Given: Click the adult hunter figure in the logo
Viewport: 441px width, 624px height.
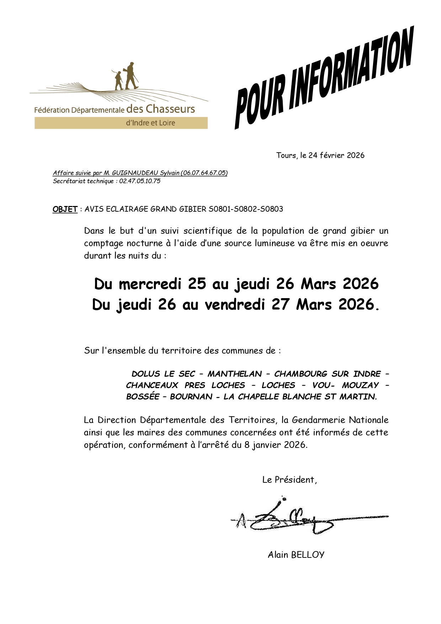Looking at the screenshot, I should (131, 76).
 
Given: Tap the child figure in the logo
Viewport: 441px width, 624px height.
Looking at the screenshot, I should (118, 80).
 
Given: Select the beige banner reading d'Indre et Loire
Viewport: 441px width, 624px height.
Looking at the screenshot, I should (121, 123).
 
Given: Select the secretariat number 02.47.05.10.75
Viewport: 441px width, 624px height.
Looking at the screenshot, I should (140, 181).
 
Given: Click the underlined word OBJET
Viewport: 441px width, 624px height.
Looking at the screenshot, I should (65, 209).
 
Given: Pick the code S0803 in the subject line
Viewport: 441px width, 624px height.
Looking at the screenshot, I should (271, 209).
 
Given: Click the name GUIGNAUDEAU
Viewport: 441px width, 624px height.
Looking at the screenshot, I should (135, 173).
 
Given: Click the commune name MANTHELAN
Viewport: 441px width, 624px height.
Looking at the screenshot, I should (235, 374).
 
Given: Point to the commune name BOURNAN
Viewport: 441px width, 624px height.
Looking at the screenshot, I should (191, 397).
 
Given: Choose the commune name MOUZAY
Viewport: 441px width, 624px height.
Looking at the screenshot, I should (360, 385).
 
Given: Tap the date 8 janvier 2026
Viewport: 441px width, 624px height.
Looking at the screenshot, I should (275, 445).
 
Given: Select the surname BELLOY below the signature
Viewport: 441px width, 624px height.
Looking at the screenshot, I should (308, 555).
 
